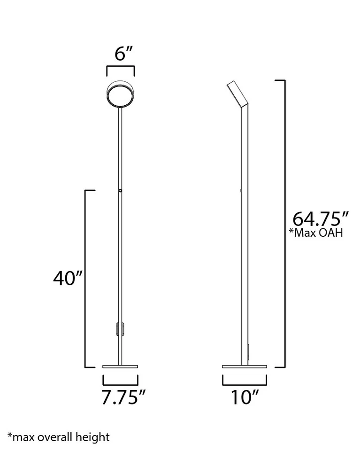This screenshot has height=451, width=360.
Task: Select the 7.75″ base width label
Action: pos(121,397)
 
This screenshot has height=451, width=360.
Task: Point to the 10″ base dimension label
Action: pos(244,397)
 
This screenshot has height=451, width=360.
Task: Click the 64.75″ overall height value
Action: pos(321,219)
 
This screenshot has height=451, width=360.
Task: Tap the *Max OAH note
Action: pos(315,233)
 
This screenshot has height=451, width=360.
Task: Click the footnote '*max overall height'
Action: pos(58,437)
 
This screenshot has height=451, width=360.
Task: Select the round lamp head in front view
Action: pos(121,93)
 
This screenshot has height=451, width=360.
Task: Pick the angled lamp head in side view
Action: pos(238,94)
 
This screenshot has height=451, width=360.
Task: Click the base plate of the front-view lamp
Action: pos(121,366)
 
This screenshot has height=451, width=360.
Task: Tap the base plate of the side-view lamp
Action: pos(244,366)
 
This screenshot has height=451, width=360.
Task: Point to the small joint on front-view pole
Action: pos(121,191)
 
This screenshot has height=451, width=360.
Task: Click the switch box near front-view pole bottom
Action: pos(118,329)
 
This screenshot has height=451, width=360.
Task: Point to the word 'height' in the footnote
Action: pos(94,437)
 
